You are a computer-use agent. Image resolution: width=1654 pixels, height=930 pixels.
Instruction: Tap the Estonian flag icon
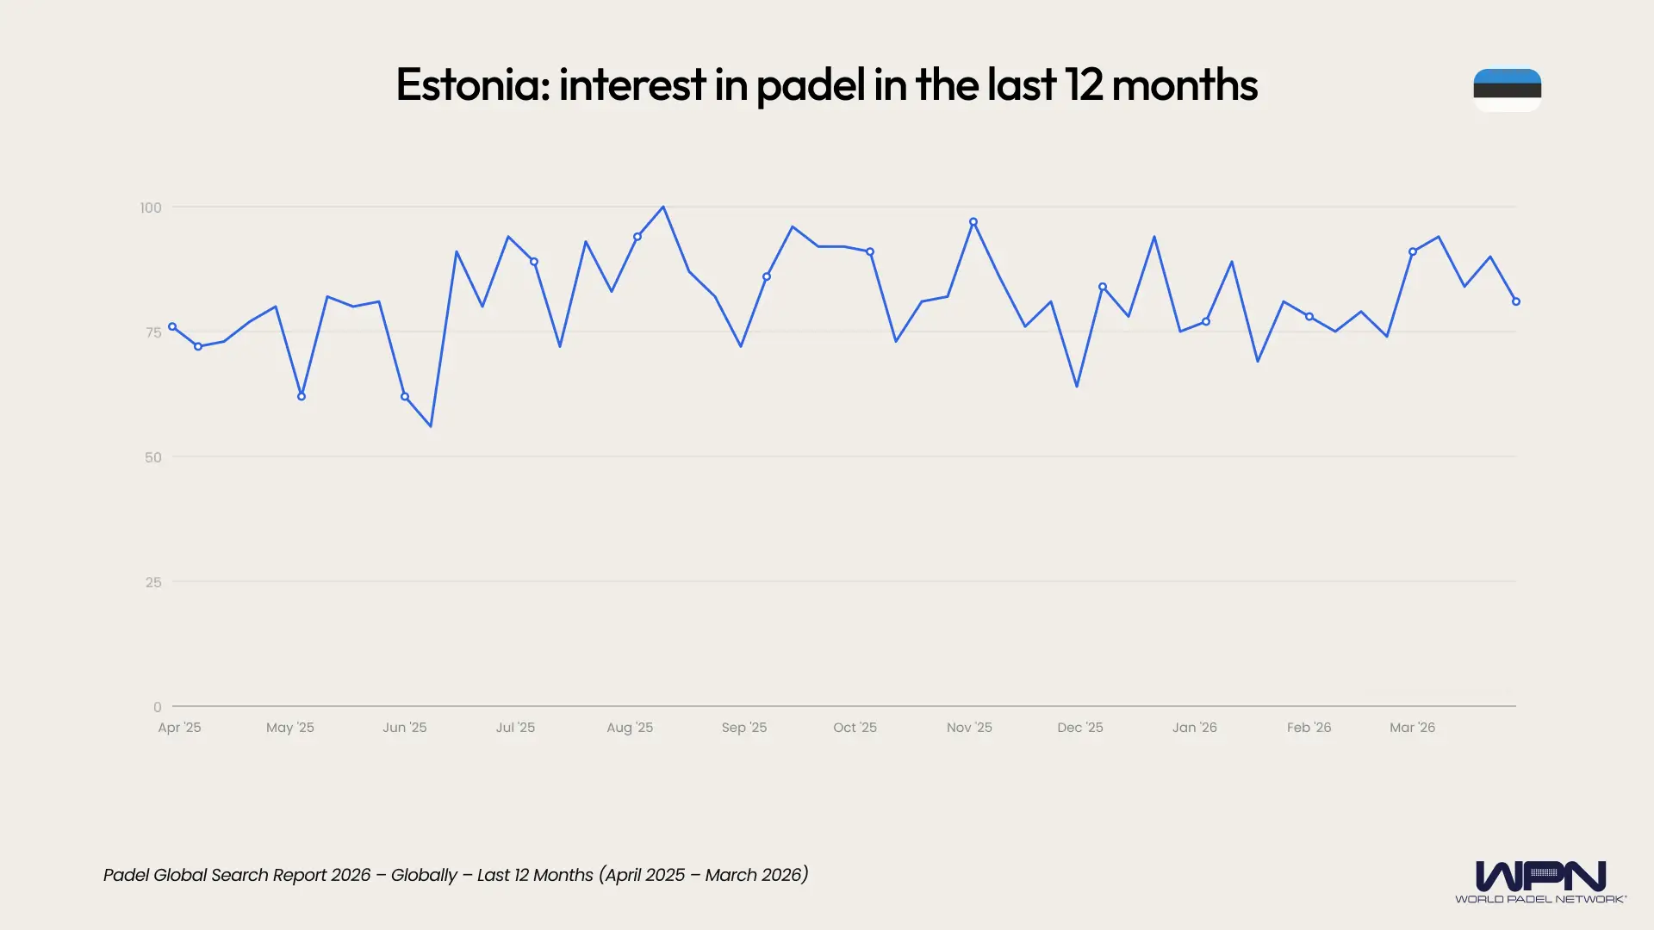1507,90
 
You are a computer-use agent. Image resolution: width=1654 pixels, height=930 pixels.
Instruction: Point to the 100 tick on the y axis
151,208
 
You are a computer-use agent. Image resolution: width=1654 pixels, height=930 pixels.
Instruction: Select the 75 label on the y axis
153,332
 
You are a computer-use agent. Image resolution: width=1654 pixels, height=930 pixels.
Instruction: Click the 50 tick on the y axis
153,457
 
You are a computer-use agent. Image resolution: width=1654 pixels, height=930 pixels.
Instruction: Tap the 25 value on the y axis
153,582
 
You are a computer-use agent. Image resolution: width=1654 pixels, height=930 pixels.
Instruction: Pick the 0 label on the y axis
157,707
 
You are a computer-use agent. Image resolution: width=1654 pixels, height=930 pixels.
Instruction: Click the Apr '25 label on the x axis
179,728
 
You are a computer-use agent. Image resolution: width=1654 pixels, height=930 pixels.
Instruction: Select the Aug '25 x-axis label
630,728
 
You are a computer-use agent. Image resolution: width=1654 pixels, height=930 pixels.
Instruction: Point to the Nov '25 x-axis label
969,728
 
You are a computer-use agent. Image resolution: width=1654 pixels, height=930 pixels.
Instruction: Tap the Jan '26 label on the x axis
1194,728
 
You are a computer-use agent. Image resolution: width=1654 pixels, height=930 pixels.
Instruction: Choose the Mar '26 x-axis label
1412,728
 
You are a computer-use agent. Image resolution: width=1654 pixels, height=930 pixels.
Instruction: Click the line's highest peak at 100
662,208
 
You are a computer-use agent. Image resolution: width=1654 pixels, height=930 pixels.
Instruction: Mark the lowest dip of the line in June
431,426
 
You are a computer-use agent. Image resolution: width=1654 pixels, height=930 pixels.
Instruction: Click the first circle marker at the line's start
172,327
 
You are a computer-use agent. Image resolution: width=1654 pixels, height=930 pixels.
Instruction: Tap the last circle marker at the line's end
1516,301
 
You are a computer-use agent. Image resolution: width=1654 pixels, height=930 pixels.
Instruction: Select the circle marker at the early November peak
973,222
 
